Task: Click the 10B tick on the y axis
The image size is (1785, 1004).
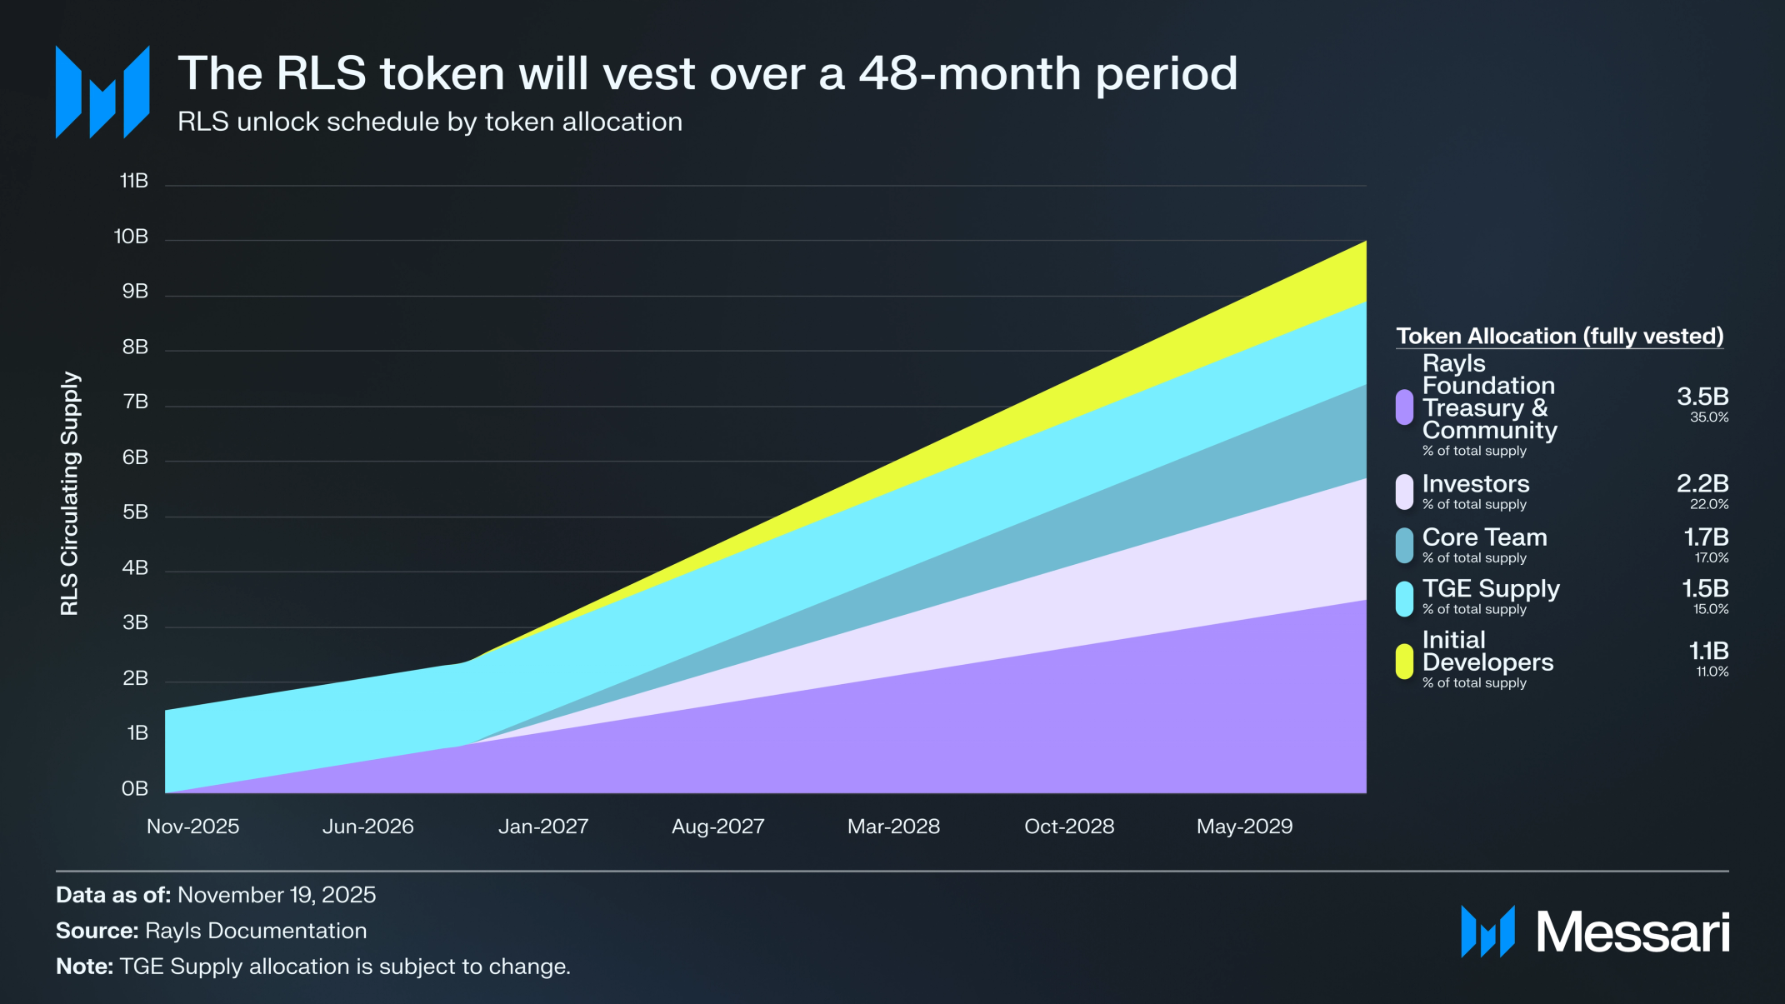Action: (x=131, y=237)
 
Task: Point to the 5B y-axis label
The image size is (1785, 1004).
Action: (x=135, y=512)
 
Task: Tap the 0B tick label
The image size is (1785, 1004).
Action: (x=134, y=788)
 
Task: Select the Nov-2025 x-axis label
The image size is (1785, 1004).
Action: (x=192, y=827)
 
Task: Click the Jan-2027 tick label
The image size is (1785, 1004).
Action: (x=543, y=827)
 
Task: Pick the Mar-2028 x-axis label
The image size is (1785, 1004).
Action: (x=893, y=827)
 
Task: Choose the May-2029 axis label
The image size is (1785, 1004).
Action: (x=1244, y=827)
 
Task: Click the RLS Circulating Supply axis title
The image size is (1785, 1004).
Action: (x=70, y=493)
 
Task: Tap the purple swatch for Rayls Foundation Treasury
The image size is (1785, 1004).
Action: (x=1404, y=407)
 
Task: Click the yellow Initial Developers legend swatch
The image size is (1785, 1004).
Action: (x=1404, y=662)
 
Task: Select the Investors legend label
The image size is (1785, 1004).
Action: (x=1475, y=484)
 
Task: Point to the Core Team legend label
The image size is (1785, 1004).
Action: (x=1484, y=537)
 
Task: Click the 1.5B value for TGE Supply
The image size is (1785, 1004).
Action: (x=1705, y=589)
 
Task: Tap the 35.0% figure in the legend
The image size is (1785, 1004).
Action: (x=1708, y=417)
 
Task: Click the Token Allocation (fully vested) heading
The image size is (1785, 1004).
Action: (x=1559, y=336)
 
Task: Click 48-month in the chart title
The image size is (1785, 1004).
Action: (x=970, y=73)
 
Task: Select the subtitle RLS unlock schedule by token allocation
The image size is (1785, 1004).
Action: (x=430, y=122)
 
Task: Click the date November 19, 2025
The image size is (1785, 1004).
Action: (x=277, y=895)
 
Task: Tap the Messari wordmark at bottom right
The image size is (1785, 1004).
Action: (x=1632, y=932)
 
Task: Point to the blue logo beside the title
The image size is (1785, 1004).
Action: (x=102, y=92)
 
